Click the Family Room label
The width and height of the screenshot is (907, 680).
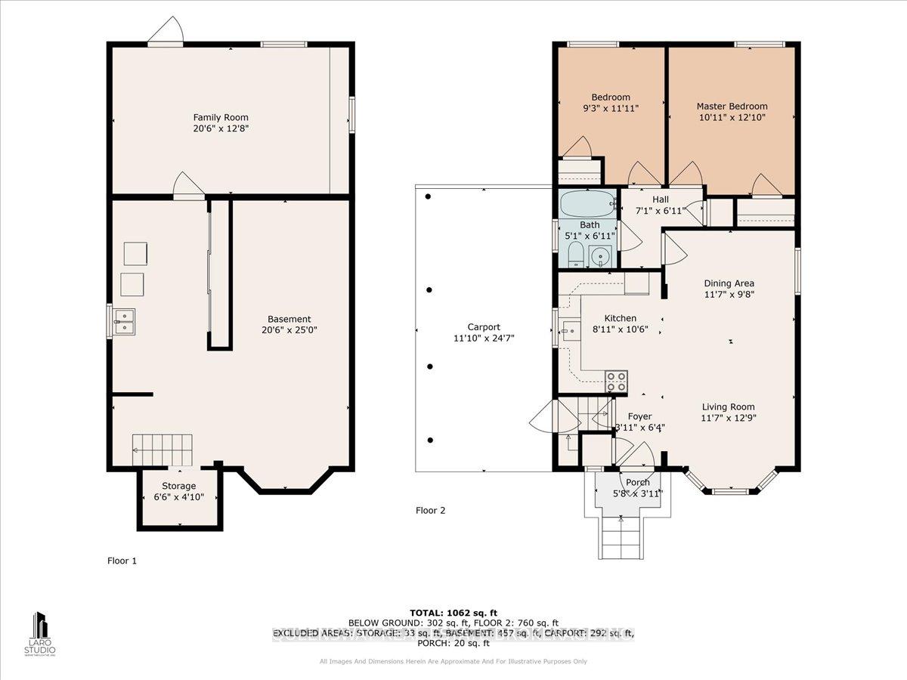(220, 117)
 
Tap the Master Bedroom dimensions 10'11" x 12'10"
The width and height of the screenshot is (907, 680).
(732, 118)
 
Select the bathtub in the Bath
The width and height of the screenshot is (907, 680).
(589, 204)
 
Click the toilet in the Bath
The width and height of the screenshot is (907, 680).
(574, 255)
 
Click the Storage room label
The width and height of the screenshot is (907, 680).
(178, 486)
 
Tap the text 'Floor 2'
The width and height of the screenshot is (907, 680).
(431, 511)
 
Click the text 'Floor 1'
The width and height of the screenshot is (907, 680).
(122, 561)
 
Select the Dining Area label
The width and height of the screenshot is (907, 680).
(729, 283)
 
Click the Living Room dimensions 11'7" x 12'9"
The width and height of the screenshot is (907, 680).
(729, 417)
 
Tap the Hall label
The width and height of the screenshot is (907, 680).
(660, 199)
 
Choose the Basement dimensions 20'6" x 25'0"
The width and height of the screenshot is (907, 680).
(289, 330)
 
